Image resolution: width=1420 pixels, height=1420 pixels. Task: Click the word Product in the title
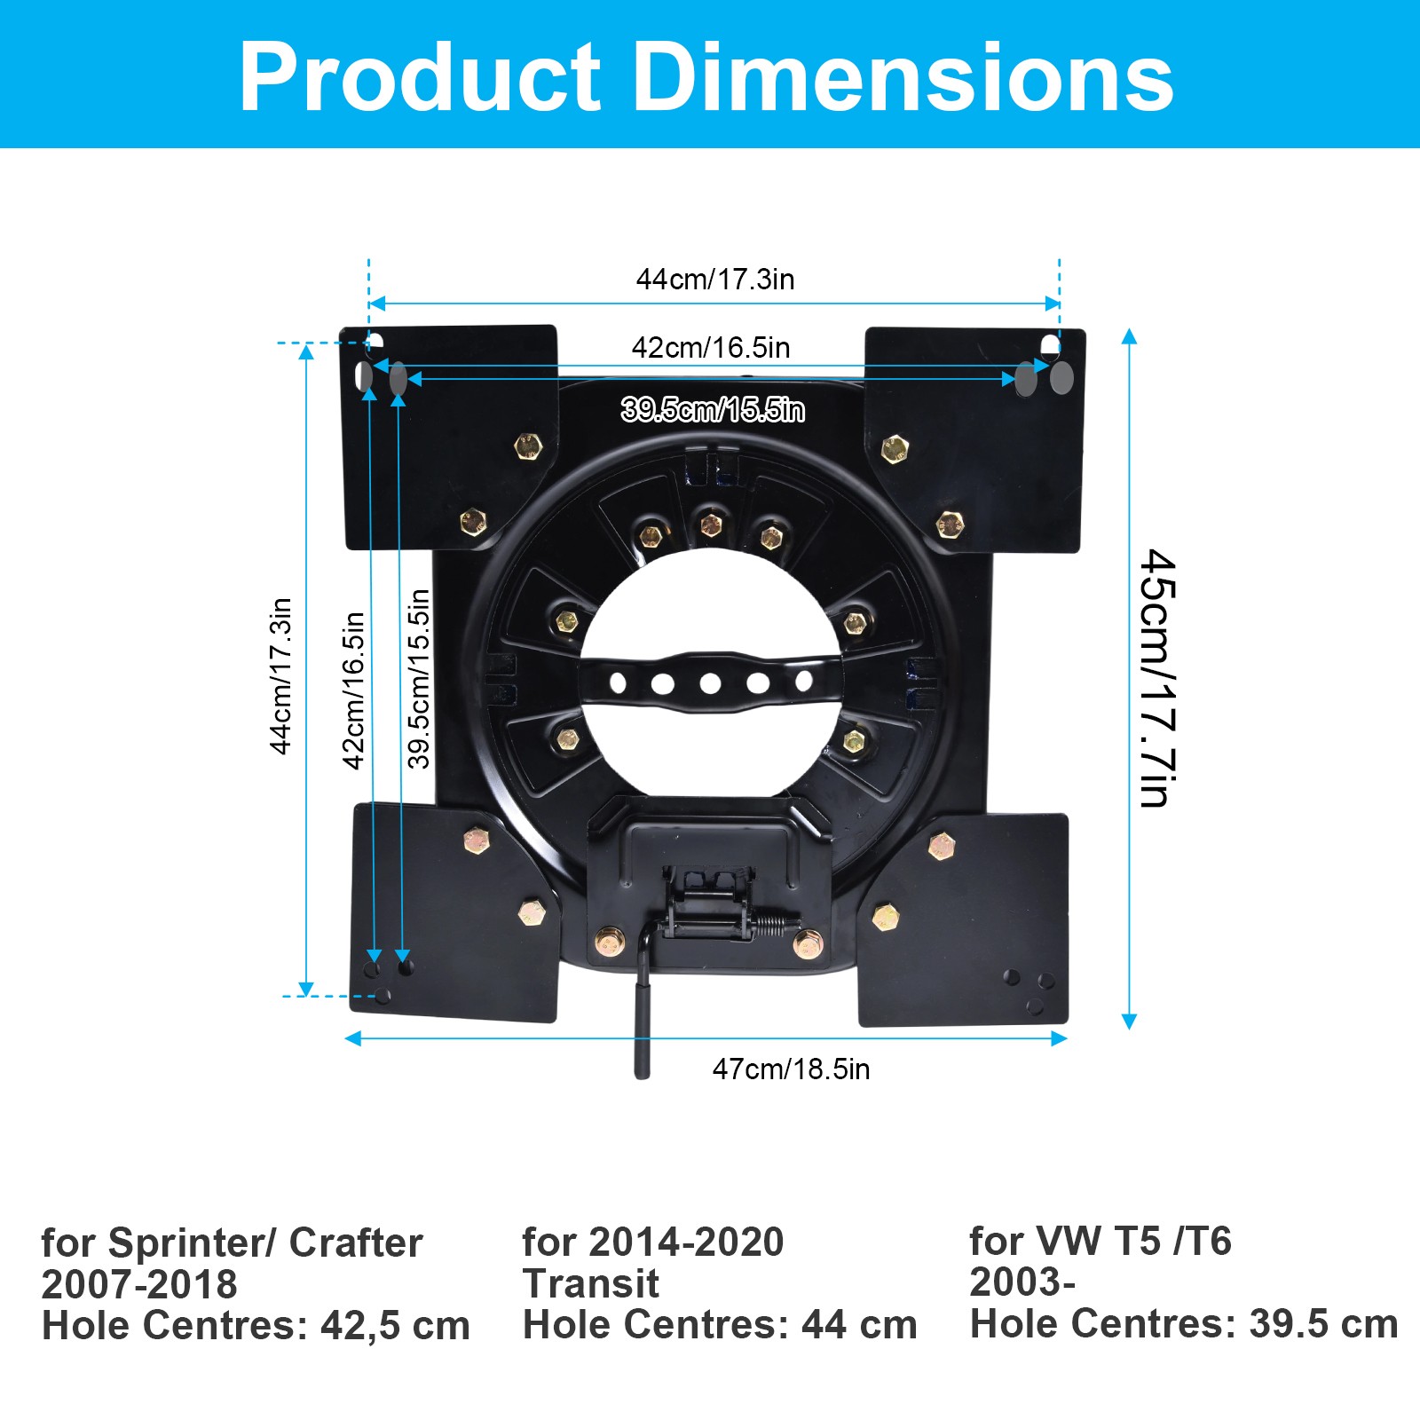click(421, 77)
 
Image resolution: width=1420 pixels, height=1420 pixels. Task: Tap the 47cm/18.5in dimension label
click(791, 1069)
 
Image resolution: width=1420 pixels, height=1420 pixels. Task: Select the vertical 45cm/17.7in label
click(1157, 678)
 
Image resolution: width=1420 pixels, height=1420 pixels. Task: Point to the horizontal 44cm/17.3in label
click(715, 280)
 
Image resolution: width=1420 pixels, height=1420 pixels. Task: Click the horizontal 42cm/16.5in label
click(711, 348)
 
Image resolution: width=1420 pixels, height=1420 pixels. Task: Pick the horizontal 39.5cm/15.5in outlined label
click(713, 410)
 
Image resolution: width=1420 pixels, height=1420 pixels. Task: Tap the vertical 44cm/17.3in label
click(280, 676)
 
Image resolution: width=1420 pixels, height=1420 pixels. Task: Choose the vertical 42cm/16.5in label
click(353, 690)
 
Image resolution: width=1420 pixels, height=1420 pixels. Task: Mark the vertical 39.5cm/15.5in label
click(419, 679)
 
